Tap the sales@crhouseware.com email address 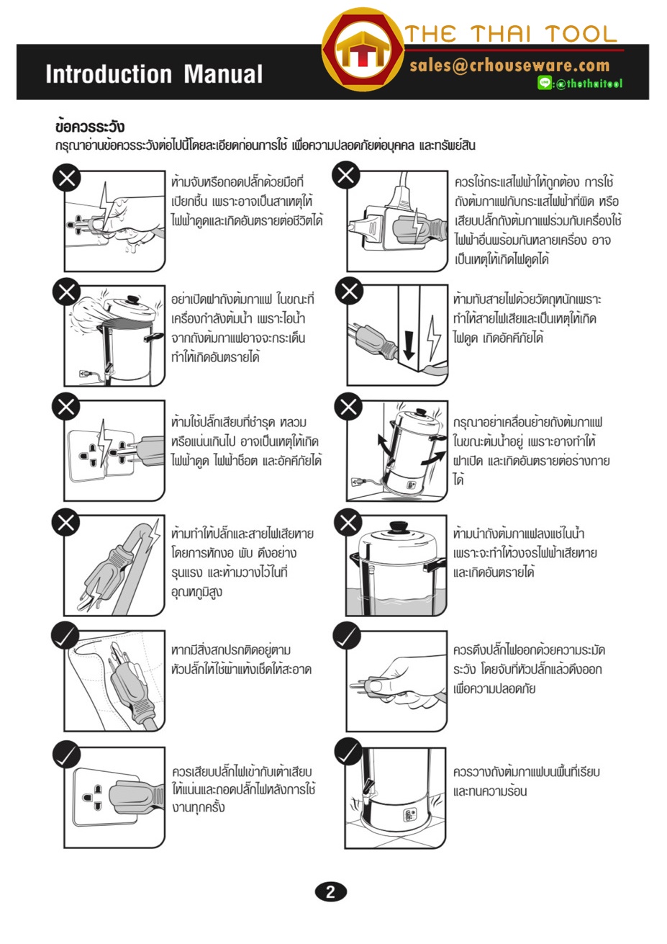tap(509, 66)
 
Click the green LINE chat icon tap(545, 83)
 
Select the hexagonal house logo tap(363, 50)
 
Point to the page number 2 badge tap(330, 892)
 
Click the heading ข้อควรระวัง tap(89, 127)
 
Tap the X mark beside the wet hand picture tap(66, 179)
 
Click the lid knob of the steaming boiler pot tap(134, 300)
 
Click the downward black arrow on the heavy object tap(409, 345)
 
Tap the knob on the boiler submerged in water tap(399, 527)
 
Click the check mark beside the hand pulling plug tap(347, 636)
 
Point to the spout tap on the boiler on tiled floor tap(367, 788)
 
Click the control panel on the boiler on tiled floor tap(409, 814)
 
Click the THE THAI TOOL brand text tap(511, 34)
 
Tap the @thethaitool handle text tap(589, 84)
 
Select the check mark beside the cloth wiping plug tap(65, 636)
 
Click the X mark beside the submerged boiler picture tap(348, 523)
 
